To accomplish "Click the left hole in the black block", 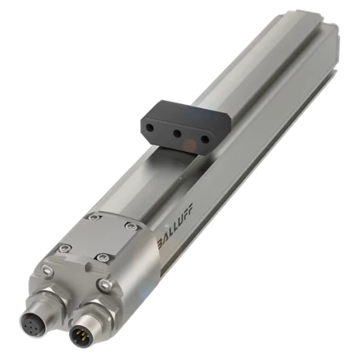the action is tap(150, 127).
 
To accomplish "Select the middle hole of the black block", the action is tap(176, 133).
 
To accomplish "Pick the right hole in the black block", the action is tap(205, 138).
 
